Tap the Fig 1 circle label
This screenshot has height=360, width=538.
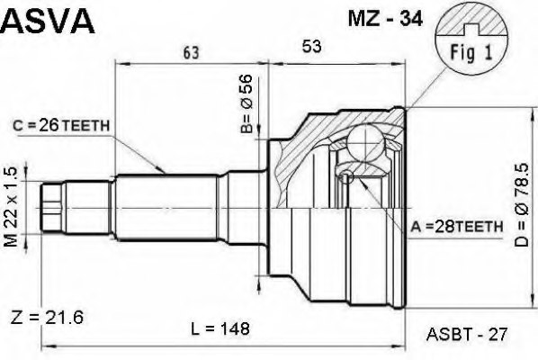click(464, 53)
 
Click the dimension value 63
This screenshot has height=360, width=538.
click(190, 53)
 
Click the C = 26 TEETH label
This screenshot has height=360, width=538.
click(63, 126)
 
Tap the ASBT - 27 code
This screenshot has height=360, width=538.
click(462, 333)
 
